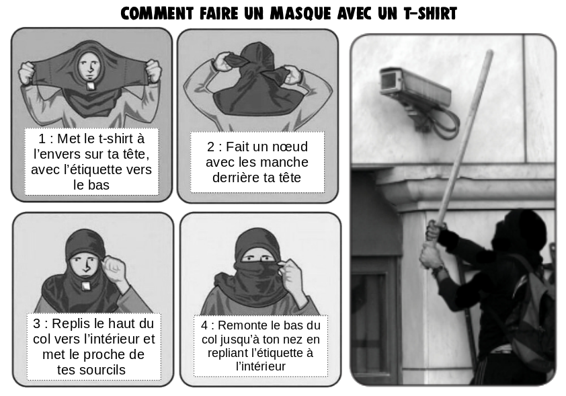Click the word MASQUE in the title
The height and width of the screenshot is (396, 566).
click(x=300, y=13)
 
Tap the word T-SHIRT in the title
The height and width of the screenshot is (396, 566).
click(x=430, y=13)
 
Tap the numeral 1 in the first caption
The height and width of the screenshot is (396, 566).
click(x=42, y=138)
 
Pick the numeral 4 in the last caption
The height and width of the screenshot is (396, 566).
click(x=204, y=325)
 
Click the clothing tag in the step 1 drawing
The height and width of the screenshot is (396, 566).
click(x=90, y=86)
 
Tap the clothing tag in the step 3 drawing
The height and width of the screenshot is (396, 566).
click(x=85, y=286)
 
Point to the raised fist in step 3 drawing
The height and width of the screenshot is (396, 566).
click(x=114, y=268)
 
